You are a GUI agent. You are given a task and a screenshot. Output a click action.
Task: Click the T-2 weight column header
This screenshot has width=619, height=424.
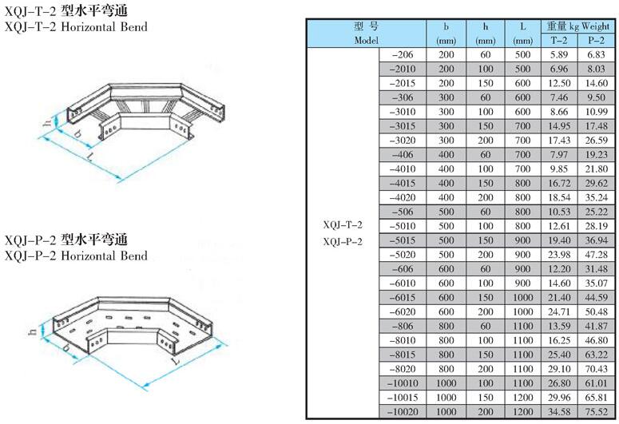click(x=559, y=40)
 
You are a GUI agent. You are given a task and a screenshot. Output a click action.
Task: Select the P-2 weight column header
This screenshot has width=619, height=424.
click(x=596, y=40)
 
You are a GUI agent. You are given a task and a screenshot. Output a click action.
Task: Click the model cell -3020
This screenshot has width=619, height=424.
click(x=403, y=141)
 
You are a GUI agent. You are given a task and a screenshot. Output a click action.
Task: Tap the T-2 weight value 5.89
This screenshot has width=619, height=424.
click(x=559, y=55)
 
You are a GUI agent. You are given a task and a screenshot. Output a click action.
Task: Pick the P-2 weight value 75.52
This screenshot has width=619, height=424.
click(x=596, y=412)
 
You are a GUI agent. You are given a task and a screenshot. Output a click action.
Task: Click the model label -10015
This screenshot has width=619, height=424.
click(x=403, y=398)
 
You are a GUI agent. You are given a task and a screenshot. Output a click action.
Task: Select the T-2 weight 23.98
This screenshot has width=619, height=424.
click(x=559, y=255)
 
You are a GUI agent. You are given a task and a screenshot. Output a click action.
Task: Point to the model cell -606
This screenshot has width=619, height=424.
click(x=403, y=269)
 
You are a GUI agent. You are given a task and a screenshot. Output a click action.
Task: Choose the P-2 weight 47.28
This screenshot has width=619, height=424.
click(x=596, y=255)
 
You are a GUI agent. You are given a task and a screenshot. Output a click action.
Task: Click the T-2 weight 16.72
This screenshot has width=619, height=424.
click(x=559, y=184)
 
